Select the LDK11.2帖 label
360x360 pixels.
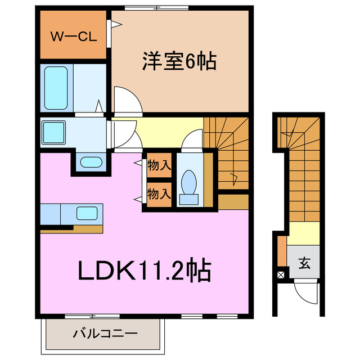pos(144,272)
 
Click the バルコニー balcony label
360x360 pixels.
pos(105,334)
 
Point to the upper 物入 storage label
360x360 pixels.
pos(159,166)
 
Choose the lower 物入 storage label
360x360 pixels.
pos(159,194)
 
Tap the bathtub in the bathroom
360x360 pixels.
pos(57,88)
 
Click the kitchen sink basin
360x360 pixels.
pos(87,214)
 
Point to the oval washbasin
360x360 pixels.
pos(89,163)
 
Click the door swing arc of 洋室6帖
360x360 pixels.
pos(127,98)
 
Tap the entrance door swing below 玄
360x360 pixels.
pos(307,294)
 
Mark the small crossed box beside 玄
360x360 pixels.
pos(281,275)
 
